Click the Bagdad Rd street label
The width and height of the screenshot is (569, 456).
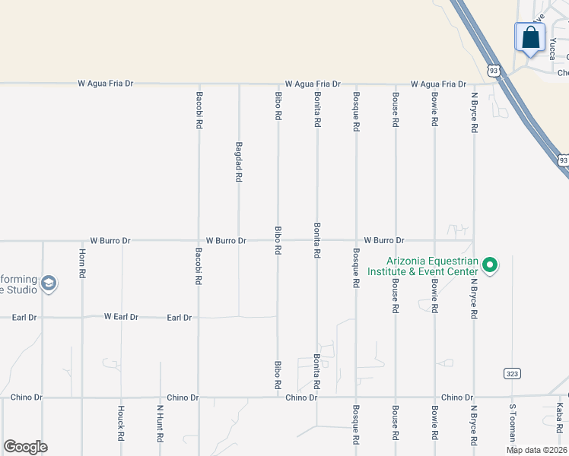239,161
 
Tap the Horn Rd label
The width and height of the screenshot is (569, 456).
82,262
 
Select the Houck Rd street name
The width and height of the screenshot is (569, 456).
121,423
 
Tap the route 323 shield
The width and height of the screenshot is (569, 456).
511,373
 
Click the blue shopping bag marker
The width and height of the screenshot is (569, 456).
529,36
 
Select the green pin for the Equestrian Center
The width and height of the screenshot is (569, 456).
491,265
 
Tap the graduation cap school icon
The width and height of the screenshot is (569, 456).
49,284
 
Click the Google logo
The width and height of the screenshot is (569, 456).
25,447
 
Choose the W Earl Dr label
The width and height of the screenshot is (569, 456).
121,316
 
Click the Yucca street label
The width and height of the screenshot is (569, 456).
552,49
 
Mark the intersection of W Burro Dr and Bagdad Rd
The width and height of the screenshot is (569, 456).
239,241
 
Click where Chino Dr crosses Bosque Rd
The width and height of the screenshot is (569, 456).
356,397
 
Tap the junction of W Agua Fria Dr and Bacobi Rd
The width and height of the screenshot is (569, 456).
199,84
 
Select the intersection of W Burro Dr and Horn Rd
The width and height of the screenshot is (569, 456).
82,241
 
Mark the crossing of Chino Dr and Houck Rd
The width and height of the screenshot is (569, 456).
121,397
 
